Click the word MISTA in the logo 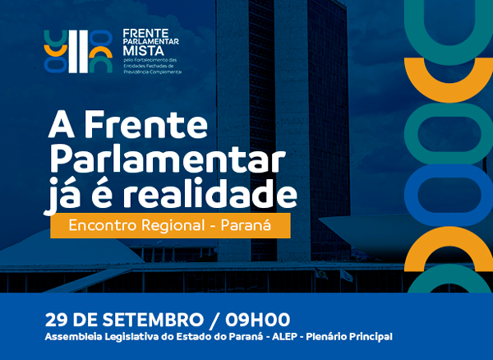click(143, 50)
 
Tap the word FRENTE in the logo click(145, 34)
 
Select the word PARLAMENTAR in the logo click(151, 41)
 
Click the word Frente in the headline click(145, 124)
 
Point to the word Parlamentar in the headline click(168, 160)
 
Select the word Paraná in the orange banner click(246, 225)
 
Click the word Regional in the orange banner click(173, 226)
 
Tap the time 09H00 click(257, 321)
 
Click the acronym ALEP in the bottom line click(284, 337)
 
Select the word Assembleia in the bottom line click(74, 337)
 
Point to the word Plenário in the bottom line click(326, 337)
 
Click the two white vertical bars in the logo click(78, 52)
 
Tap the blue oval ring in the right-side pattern click(449, 195)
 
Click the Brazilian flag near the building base click(321, 273)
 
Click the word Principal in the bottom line click(371, 337)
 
